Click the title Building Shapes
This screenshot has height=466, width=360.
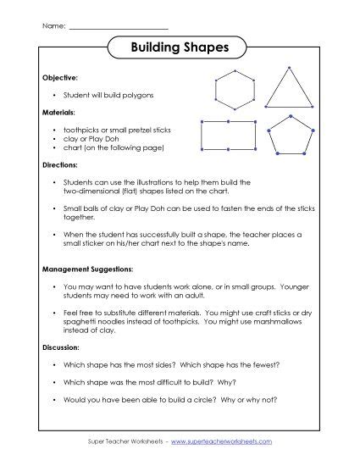[x=180, y=49]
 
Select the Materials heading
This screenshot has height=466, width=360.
[x=58, y=112]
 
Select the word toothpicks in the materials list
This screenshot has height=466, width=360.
[x=78, y=129]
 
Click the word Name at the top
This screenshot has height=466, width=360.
[x=53, y=26]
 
